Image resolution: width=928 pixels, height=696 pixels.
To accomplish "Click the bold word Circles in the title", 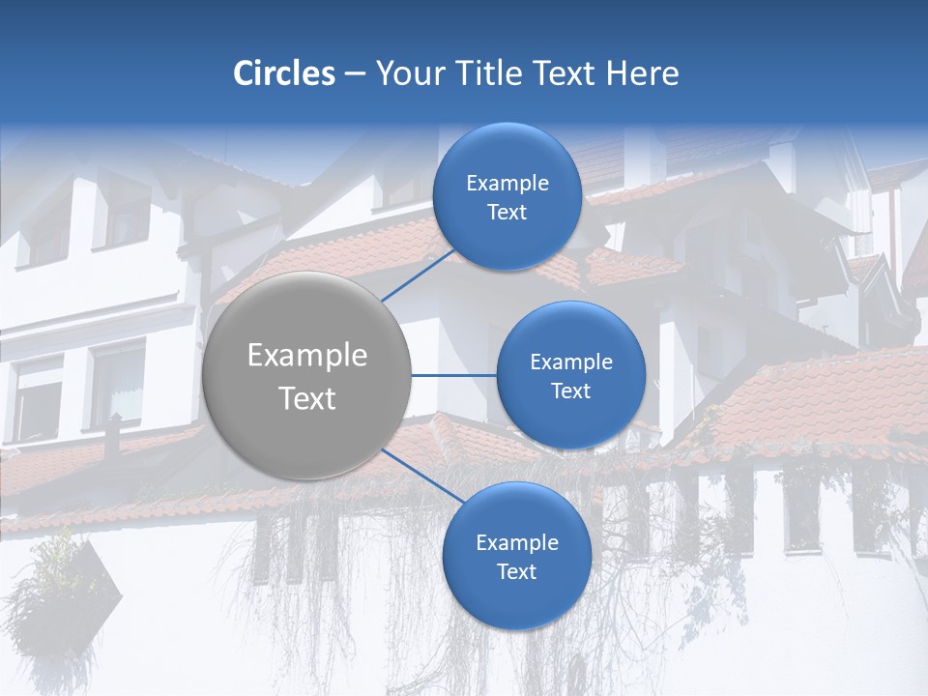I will (283, 73).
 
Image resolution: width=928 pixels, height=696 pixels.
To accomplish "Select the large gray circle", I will (307, 375).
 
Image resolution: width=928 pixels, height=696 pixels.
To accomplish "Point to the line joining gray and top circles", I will (418, 275).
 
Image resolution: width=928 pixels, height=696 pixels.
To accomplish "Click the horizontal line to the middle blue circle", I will (454, 375).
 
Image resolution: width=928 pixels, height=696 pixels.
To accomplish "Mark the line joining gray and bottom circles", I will (423, 477).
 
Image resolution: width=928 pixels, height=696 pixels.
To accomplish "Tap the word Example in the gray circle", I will (307, 356).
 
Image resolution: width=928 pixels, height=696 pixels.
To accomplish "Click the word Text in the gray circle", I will (307, 398).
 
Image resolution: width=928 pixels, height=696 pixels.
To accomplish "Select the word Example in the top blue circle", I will (507, 184).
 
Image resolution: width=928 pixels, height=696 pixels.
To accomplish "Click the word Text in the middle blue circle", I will (571, 391).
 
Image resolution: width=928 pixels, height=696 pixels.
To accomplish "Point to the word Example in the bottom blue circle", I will (517, 543).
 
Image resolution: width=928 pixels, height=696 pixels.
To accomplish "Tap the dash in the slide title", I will (355, 74).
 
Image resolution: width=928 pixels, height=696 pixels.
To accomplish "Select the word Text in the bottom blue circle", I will (517, 572).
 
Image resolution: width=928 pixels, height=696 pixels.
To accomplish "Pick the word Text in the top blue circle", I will (507, 213).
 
